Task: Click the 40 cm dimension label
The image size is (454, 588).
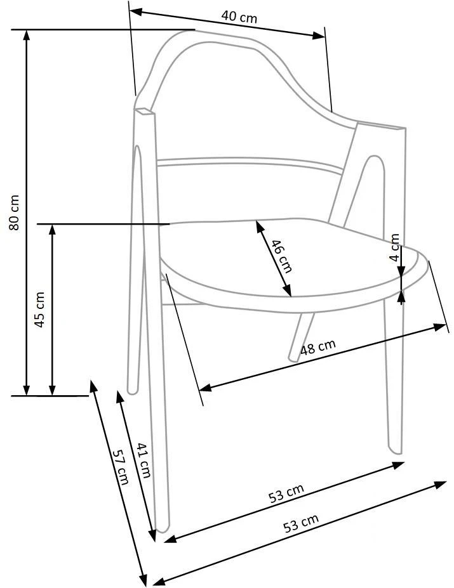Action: point(239,16)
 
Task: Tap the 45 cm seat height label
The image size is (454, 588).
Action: point(39,310)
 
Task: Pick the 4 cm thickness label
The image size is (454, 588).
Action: point(395,248)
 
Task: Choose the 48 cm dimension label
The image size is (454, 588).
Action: point(317,348)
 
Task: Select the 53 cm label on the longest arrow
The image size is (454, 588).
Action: point(300,523)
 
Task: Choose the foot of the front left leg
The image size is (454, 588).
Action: point(164,528)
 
